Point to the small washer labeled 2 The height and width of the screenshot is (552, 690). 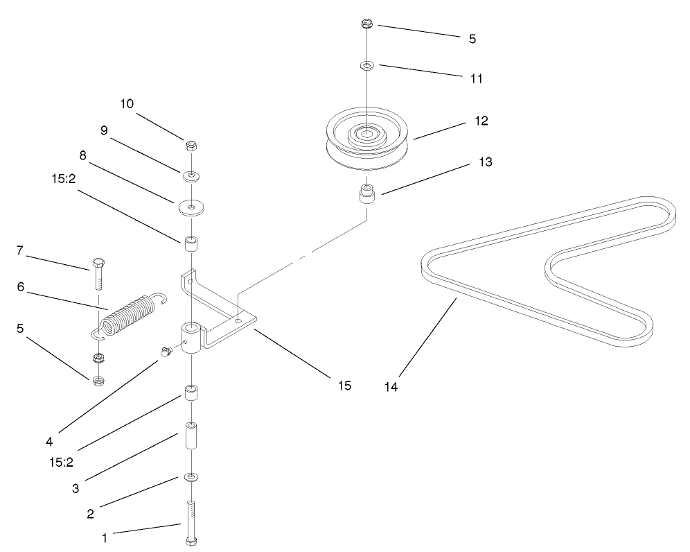tap(190, 477)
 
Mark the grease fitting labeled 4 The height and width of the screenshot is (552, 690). tap(166, 352)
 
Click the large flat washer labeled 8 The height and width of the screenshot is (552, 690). tap(191, 207)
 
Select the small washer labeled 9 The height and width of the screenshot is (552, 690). tap(191, 175)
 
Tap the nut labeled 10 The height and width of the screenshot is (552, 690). tap(191, 146)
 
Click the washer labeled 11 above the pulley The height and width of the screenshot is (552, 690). tap(366, 66)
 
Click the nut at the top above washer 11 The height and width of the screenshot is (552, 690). tap(367, 25)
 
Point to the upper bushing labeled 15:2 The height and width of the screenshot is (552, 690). tap(191, 245)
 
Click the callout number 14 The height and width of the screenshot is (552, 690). tap(391, 386)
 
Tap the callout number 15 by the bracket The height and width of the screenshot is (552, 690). tap(344, 385)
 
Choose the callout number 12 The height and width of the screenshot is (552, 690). tap(481, 120)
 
